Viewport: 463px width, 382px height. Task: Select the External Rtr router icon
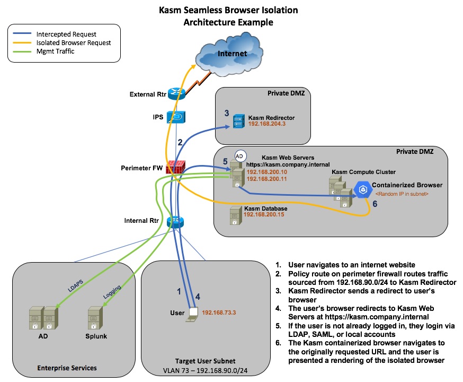[x=175, y=94]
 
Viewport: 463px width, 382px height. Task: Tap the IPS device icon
[x=175, y=117]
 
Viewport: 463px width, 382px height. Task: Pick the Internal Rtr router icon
[x=174, y=221]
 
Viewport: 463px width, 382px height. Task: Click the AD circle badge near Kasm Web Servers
[x=239, y=157]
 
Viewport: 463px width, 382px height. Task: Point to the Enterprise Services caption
[x=67, y=367]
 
